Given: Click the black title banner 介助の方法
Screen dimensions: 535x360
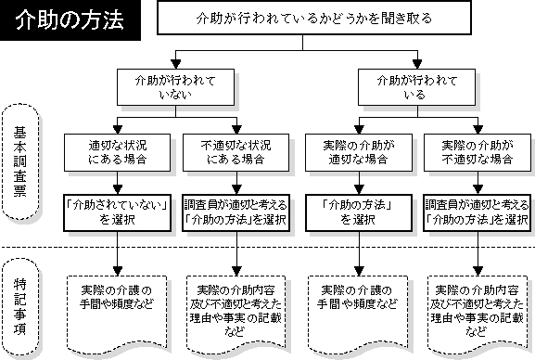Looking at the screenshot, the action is tap(70, 20).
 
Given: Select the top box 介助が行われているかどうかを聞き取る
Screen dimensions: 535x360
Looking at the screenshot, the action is tap(314, 18).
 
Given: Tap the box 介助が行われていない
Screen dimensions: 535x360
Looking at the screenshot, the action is tap(176, 87).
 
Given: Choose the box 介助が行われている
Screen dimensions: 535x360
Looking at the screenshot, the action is tap(416, 87).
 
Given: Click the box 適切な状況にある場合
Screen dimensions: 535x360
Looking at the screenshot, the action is tap(118, 153).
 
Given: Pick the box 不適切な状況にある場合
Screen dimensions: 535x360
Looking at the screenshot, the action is tap(236, 153).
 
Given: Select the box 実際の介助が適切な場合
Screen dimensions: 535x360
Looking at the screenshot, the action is tap(359, 153).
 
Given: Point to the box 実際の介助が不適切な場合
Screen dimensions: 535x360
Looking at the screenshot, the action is tap(478, 153).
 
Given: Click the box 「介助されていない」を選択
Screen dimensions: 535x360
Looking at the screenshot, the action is tap(118, 212).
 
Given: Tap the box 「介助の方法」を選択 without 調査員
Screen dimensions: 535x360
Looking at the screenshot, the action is tap(359, 212).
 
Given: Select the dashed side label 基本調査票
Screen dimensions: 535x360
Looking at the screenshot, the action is tap(20, 161).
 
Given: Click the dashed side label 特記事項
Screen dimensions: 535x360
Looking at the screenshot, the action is tap(20, 307).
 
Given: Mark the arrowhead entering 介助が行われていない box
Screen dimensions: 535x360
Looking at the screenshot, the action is tap(176, 64).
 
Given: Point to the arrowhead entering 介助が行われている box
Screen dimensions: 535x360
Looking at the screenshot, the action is tap(417, 64).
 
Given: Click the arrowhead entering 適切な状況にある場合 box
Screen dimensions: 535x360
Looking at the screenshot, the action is tap(118, 130).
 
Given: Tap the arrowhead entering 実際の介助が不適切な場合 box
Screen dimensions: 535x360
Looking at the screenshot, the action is tap(478, 130).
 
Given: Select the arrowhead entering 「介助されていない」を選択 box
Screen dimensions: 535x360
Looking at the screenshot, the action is tap(118, 189).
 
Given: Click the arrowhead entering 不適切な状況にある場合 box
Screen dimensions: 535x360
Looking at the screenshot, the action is tap(236, 130).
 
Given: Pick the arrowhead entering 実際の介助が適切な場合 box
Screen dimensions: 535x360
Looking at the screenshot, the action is tap(359, 130).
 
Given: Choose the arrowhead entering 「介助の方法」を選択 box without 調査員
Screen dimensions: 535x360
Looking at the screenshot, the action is tap(359, 189).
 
